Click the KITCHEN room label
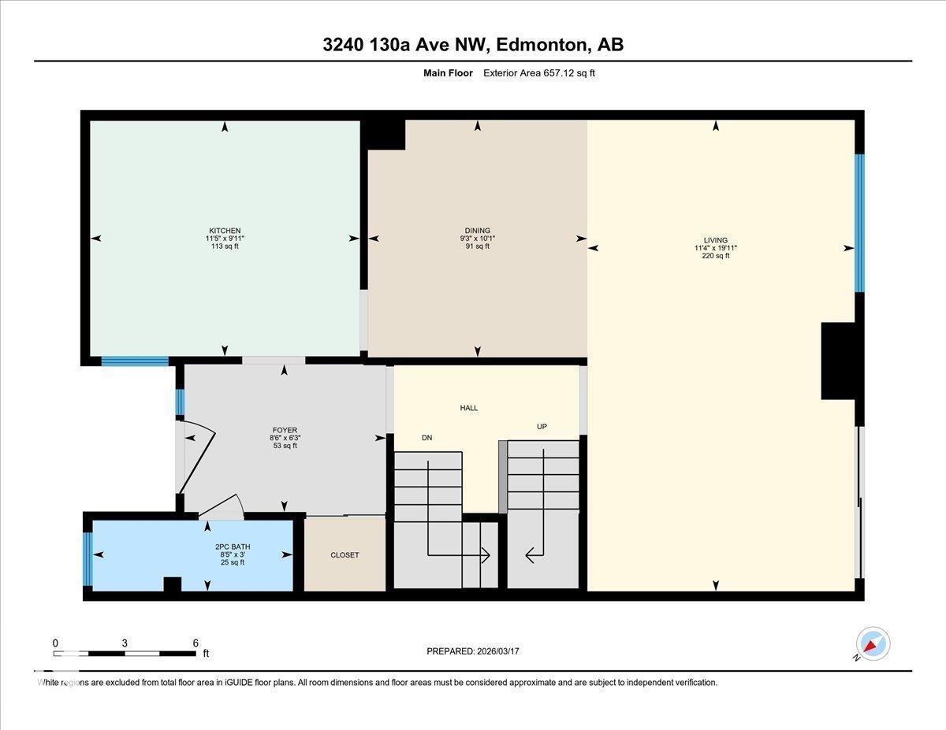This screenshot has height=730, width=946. pos(225,231)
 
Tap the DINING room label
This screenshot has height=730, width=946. pos(477,231)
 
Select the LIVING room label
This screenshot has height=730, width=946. pos(716,240)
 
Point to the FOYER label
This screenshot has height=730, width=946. pos(284,430)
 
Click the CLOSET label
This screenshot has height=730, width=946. pos(345,555)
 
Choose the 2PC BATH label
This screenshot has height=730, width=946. pos(232,547)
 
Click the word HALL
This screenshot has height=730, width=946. pos(469,408)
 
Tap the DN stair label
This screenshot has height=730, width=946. pos(426,438)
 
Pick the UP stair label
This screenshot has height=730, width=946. pos(542,427)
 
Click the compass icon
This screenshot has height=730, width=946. pos(873,643)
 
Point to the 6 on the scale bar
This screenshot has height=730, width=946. pos(196,643)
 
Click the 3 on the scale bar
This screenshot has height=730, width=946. pos(125,643)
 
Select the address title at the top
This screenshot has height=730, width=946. pos(473,45)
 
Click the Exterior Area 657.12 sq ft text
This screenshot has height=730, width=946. pos(544,73)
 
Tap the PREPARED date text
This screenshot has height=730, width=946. pos(473,651)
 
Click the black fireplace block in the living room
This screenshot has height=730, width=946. pos(838,361)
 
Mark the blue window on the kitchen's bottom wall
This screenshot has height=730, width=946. pos(135,361)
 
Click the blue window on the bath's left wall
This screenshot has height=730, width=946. pos(88,559)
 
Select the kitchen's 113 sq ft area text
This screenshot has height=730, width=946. pos(225,246)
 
